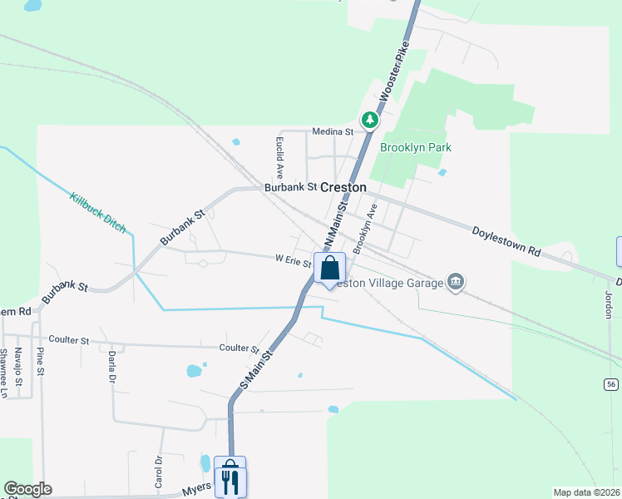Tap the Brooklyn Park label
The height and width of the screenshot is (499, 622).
click(x=415, y=147)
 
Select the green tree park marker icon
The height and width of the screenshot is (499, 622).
click(x=369, y=121)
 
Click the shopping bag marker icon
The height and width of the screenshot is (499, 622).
click(x=329, y=268)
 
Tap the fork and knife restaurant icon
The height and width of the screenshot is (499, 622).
click(x=230, y=479)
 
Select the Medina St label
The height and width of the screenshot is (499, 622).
click(x=333, y=131)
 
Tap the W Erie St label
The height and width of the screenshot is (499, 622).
click(x=293, y=259)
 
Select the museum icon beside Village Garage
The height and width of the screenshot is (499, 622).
click(x=455, y=282)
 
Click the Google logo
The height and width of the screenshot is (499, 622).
click(x=27, y=489)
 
